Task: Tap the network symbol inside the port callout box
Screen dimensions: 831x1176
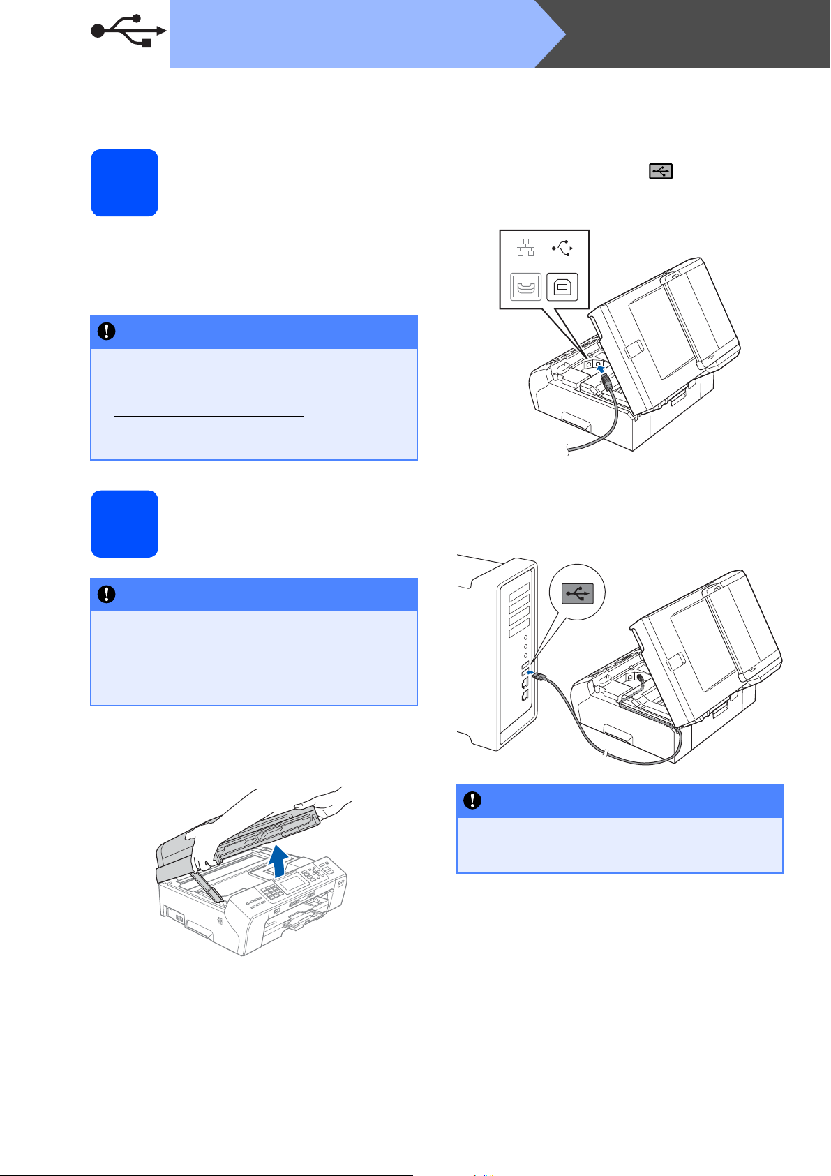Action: (x=526, y=248)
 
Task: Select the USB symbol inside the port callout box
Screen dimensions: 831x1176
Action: (x=562, y=248)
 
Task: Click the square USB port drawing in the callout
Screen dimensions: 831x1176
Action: (x=562, y=286)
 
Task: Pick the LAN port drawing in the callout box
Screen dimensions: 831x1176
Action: (x=525, y=286)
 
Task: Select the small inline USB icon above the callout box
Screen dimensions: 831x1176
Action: (x=661, y=171)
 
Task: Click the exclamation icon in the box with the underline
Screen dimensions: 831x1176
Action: (x=106, y=332)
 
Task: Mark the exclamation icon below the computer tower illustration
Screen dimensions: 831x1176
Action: (x=472, y=801)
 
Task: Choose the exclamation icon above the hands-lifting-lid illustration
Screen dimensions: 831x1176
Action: (x=106, y=594)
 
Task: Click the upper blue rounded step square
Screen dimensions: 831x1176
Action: (x=124, y=182)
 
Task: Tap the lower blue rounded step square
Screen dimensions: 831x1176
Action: (x=124, y=523)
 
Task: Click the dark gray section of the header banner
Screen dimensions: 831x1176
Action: (x=698, y=34)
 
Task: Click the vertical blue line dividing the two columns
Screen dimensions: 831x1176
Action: (x=437, y=628)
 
